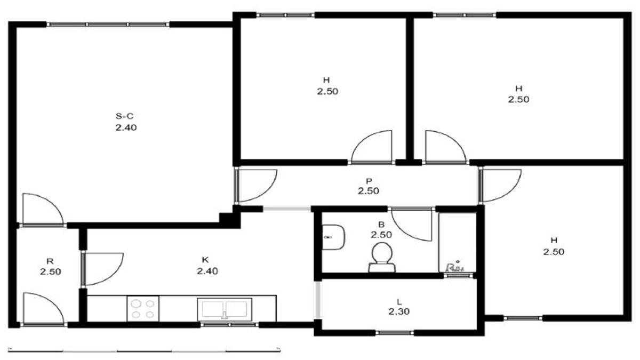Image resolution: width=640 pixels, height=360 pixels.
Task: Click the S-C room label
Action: tap(124, 116)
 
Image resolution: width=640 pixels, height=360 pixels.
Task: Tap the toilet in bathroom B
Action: tap(382, 258)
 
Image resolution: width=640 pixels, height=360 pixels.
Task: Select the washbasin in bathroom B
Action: tap(333, 237)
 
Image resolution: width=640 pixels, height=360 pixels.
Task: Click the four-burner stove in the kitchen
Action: tap(143, 309)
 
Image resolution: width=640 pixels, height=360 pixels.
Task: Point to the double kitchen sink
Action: tap(225, 309)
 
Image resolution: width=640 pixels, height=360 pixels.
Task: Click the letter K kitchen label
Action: tap(205, 260)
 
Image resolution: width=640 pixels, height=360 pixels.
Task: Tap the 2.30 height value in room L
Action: tap(399, 311)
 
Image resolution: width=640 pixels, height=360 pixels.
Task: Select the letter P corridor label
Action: tap(369, 181)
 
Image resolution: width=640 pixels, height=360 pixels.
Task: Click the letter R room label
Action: tap(50, 261)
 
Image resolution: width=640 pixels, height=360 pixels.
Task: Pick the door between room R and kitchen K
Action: tap(102, 269)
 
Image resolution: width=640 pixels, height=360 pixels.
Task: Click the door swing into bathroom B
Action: tap(411, 225)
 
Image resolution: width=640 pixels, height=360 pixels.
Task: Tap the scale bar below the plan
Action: tap(145, 350)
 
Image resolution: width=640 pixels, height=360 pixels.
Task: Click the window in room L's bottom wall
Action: tap(395, 333)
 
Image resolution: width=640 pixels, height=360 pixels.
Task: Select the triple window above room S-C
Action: tap(108, 25)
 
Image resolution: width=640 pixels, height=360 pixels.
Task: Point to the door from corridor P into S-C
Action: tap(256, 186)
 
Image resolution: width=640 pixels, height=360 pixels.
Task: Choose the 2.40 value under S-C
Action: tap(126, 127)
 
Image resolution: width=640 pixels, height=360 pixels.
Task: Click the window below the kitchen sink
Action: tap(229, 325)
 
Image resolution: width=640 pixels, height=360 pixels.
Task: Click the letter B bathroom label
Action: tap(381, 225)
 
